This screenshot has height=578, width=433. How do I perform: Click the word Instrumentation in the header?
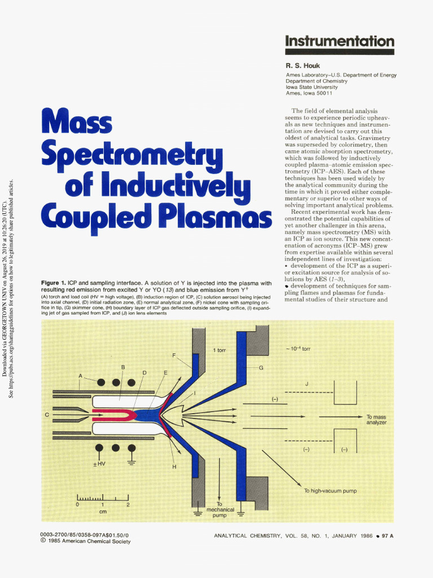coord(339,41)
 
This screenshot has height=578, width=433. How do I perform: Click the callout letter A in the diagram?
coord(81,376)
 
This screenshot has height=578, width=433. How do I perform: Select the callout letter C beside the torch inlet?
coord(47,415)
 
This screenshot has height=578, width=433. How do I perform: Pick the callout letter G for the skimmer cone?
coord(261,367)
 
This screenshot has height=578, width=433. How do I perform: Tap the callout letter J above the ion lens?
coord(307,384)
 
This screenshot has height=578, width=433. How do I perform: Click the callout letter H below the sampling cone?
coord(174,467)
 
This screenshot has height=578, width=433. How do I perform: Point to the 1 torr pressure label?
coord(219,351)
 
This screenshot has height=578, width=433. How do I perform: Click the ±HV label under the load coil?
coord(99,464)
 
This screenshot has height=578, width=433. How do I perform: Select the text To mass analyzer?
coord(376,419)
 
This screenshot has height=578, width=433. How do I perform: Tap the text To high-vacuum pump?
coord(331,491)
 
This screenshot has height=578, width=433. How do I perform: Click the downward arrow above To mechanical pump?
coord(219,480)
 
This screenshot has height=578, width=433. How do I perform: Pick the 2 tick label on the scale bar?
coord(128,504)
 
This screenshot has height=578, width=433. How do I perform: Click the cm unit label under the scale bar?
coord(103,511)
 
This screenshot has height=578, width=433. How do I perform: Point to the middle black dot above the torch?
coord(116,382)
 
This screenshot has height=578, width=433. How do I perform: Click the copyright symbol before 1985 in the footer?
coord(43,541)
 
